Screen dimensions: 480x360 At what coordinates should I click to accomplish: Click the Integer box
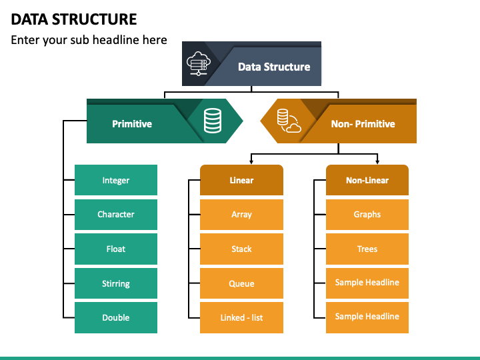[x=116, y=180]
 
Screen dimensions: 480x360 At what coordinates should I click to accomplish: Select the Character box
[x=116, y=215]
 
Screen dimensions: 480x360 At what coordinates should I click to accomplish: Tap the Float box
[x=116, y=249]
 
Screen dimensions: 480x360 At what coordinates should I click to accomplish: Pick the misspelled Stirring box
[x=116, y=283]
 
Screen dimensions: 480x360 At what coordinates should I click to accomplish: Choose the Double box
[x=116, y=318]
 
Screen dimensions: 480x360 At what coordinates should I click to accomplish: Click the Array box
[x=241, y=215]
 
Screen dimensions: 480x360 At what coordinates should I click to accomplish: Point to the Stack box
[x=241, y=249]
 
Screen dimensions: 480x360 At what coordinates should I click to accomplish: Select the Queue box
[x=241, y=283]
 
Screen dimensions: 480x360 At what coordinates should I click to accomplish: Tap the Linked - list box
[x=241, y=318]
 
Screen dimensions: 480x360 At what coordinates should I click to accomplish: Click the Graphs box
[x=367, y=215]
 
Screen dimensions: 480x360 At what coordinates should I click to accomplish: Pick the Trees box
[x=367, y=249]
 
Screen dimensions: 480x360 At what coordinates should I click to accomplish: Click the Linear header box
[x=241, y=180]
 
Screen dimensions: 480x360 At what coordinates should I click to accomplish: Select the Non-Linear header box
[x=367, y=180]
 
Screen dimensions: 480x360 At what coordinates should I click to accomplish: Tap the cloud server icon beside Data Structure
[x=199, y=64]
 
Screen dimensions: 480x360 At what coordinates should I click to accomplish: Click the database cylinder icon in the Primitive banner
[x=213, y=121]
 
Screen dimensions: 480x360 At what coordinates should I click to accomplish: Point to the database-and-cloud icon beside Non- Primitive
[x=289, y=121]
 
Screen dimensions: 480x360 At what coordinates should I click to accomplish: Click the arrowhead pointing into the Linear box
[x=251, y=161]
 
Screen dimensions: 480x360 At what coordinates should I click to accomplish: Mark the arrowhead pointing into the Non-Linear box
[x=377, y=161]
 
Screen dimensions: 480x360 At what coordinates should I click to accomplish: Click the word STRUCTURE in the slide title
[x=95, y=19]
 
